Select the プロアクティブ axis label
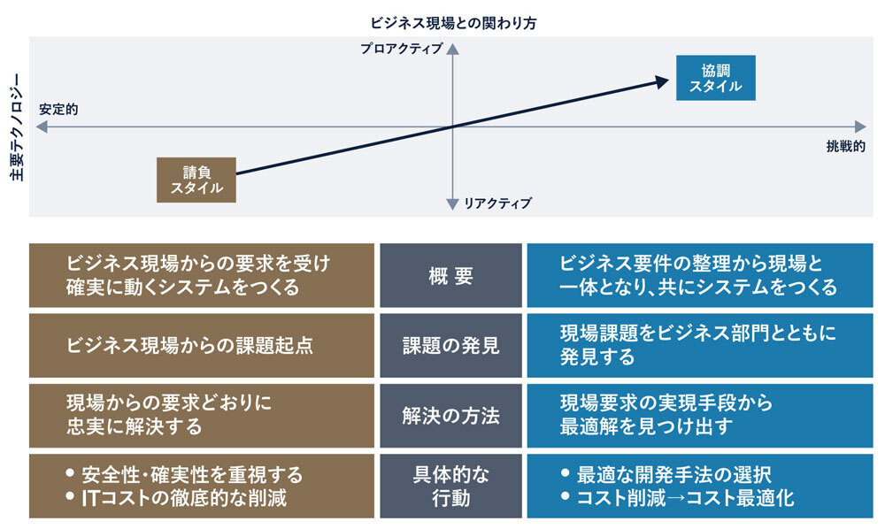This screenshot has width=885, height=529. [401, 50]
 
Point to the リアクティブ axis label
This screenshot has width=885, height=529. [498, 203]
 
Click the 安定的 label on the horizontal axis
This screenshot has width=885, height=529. [58, 110]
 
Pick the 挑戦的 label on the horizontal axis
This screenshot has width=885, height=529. [845, 147]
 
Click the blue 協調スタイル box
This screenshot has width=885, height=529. [715, 78]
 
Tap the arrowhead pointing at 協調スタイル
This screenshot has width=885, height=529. [661, 81]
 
